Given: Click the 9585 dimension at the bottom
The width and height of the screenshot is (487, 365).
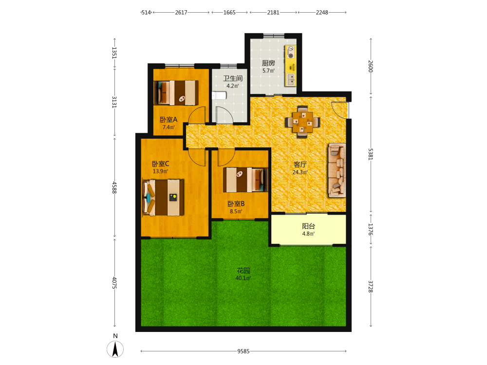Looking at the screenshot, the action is click(x=243, y=351).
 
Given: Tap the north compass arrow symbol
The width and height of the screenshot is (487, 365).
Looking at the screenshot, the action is click(x=115, y=349).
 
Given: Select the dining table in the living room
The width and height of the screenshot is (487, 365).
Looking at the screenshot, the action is click(x=302, y=122).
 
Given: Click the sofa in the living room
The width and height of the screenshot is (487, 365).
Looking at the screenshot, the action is click(x=337, y=170).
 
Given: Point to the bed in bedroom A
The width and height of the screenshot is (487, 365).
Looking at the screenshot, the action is click(x=176, y=92).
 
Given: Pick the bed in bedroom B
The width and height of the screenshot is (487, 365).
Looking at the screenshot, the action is click(x=245, y=180).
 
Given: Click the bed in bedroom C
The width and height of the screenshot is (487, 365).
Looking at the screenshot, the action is click(x=163, y=198).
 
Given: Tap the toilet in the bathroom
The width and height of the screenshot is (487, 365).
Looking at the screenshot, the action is click(x=219, y=95).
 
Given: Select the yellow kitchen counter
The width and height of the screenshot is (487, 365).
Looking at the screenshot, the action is click(x=290, y=66).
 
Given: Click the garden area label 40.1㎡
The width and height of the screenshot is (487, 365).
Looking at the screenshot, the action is click(x=243, y=278).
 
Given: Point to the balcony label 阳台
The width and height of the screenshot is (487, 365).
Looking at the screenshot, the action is click(x=308, y=226).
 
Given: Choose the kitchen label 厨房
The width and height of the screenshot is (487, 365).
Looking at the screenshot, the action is click(x=268, y=63).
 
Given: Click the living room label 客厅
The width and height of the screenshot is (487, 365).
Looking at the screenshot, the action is click(x=300, y=164).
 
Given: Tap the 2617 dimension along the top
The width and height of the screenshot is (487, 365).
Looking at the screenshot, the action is click(x=181, y=13).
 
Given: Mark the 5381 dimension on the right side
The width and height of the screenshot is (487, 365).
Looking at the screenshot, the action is click(x=371, y=154).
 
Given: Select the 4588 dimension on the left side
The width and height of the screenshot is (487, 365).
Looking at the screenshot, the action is click(x=114, y=187).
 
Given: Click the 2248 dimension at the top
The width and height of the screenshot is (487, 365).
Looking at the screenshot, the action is click(x=322, y=13).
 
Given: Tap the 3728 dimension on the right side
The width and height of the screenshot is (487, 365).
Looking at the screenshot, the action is click(x=371, y=287).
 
